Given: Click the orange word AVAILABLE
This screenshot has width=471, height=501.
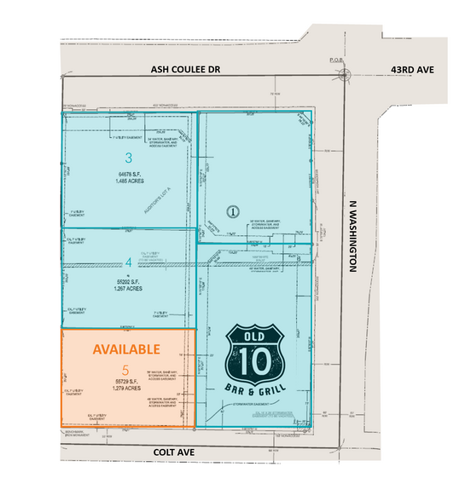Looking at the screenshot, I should (x=126, y=349).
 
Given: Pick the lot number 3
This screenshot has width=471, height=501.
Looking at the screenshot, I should (x=128, y=158).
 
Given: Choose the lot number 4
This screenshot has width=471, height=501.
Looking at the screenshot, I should (x=129, y=263).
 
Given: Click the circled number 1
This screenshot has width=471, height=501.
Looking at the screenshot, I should (x=231, y=210).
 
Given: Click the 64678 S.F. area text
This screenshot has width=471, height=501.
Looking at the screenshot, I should (x=129, y=174).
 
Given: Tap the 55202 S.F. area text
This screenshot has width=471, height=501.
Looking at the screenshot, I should (x=129, y=280).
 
